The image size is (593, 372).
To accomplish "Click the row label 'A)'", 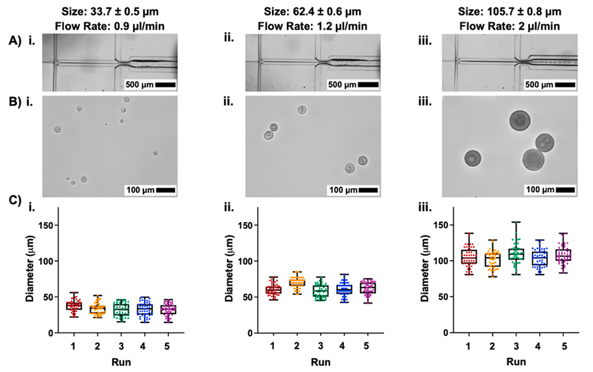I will (x=16, y=41).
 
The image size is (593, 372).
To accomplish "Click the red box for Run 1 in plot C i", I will (x=74, y=306).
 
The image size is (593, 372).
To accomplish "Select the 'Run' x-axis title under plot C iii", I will (x=515, y=360).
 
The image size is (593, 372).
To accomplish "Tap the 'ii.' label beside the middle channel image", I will (x=230, y=40).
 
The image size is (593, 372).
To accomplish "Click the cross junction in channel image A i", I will (x=56, y=63).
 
